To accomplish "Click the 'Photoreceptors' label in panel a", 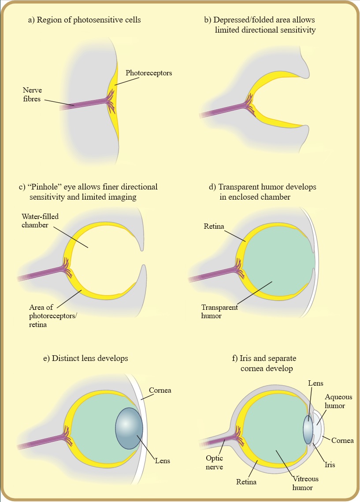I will pos(148,73).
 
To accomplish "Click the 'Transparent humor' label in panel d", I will pos(219,311).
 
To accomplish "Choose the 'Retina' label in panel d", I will pos(214,227).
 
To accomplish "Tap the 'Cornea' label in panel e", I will pos(160,390).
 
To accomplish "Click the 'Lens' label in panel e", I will pos(162,461).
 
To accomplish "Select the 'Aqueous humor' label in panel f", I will pos(336,402).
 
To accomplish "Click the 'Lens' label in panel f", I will pos(316,383).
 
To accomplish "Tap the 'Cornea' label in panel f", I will pos(342,440).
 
